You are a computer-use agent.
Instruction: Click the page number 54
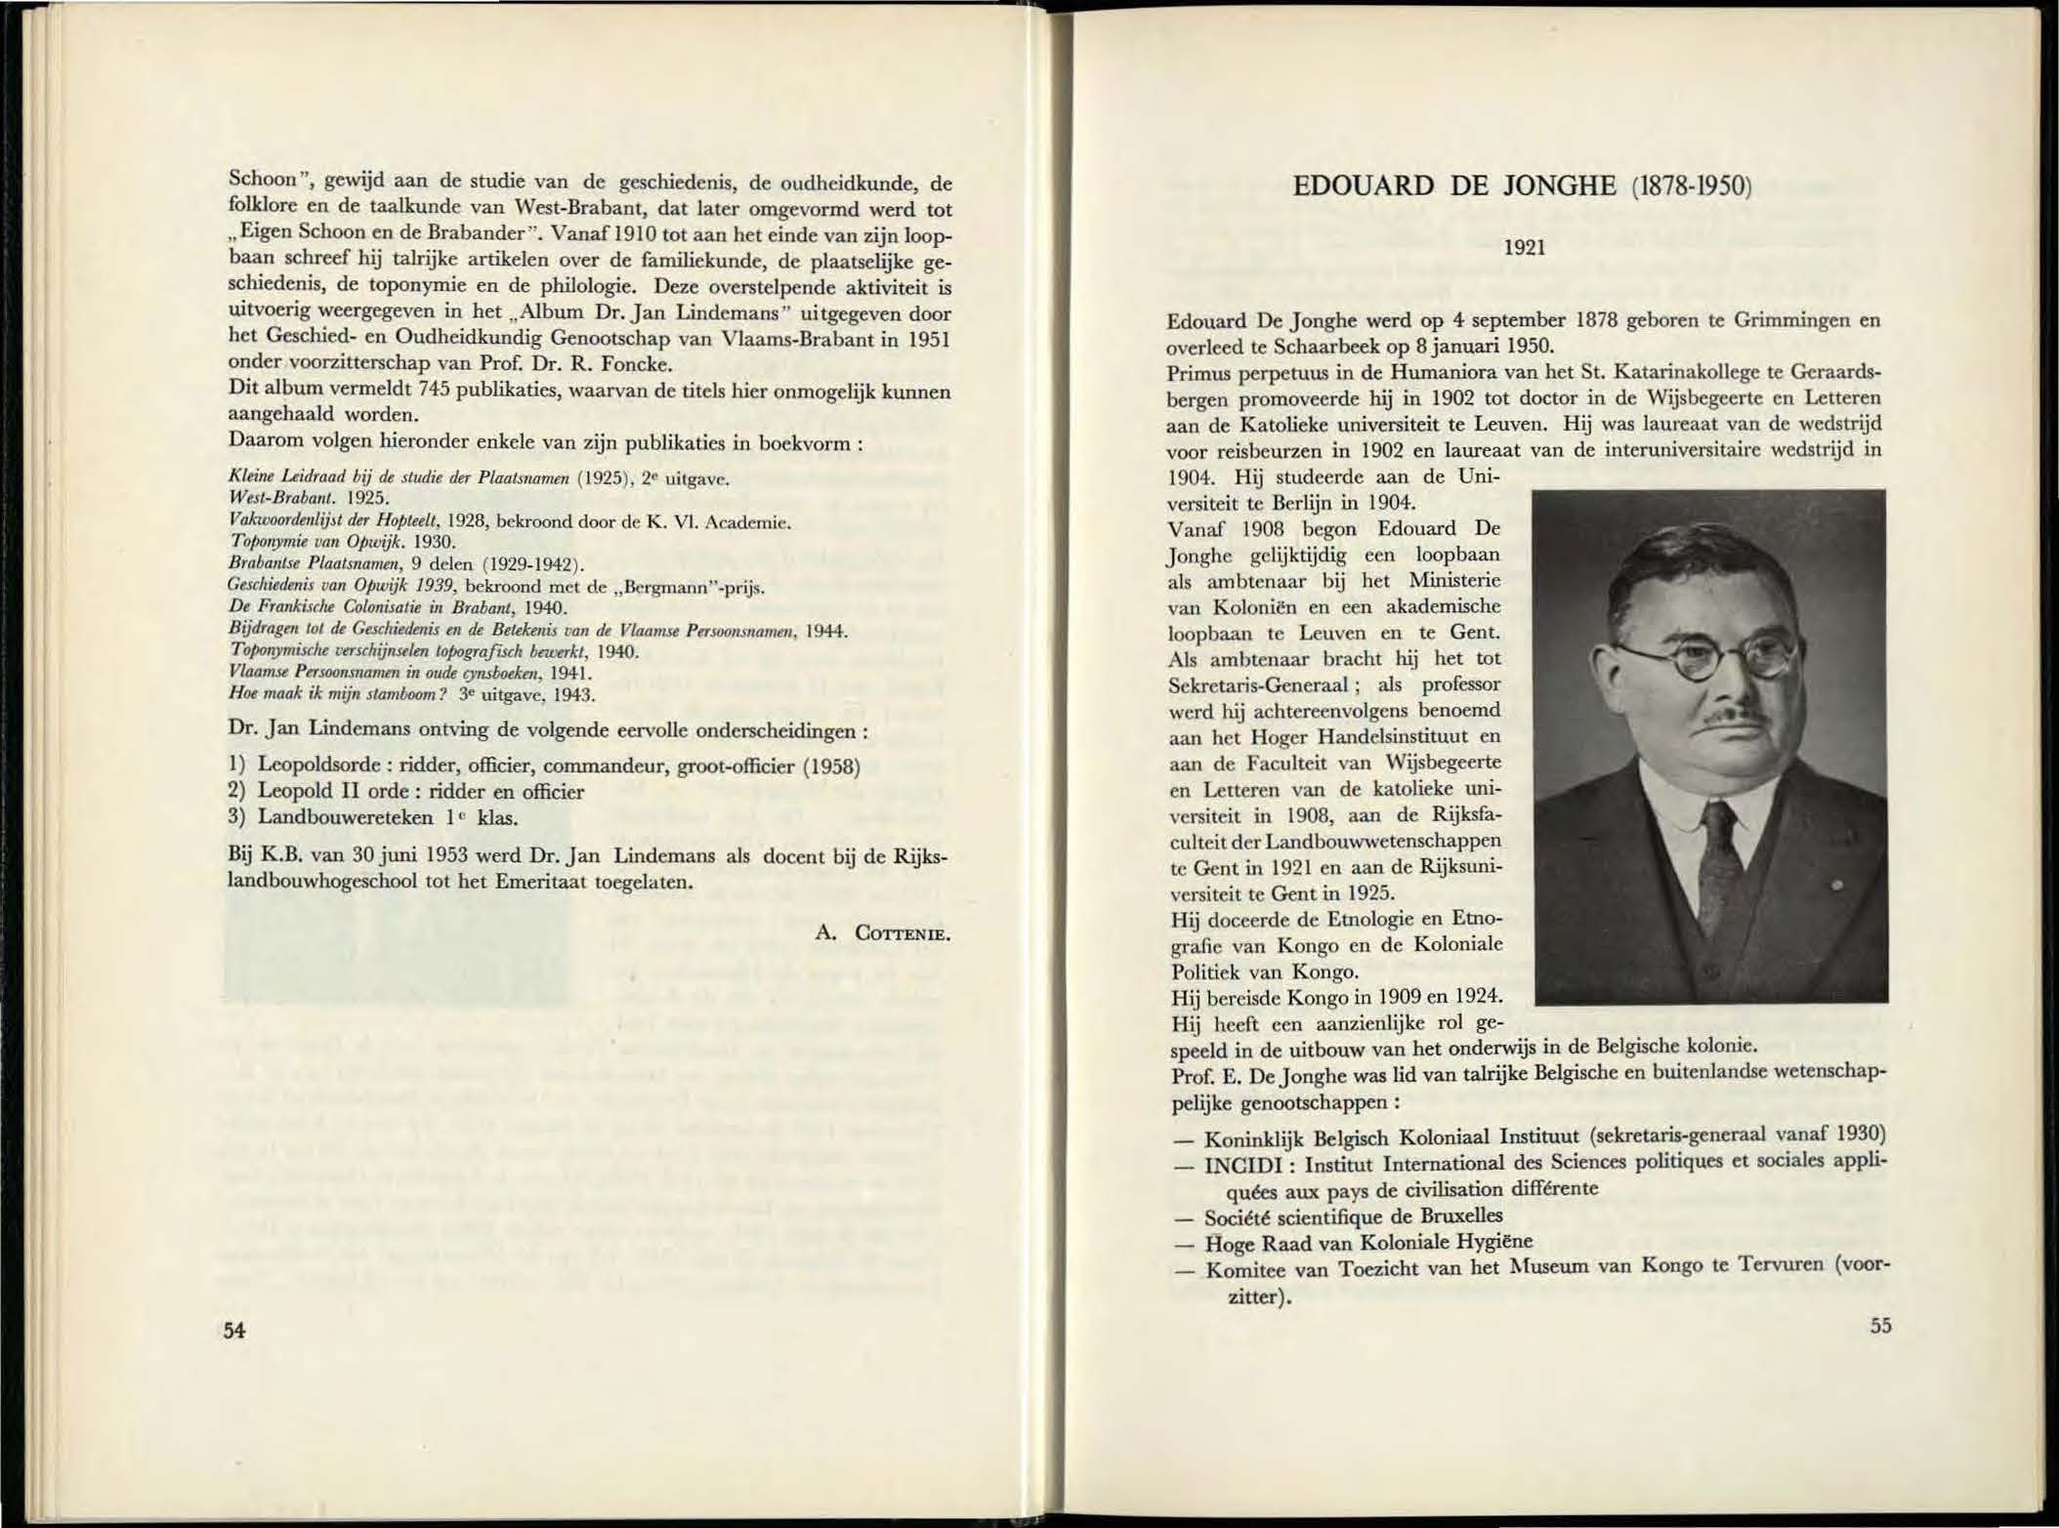[x=233, y=1330]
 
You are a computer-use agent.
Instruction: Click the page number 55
[x=1880, y=1325]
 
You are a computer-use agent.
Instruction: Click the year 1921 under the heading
[x=1524, y=248]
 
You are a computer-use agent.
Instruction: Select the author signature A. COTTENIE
[x=883, y=933]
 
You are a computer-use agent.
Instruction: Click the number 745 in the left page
[x=434, y=390]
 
